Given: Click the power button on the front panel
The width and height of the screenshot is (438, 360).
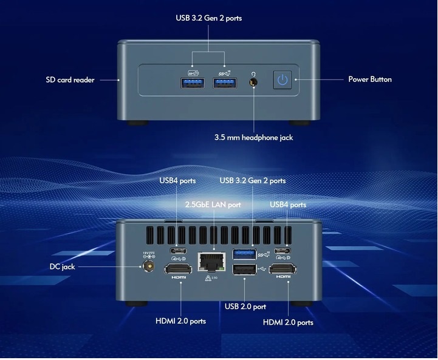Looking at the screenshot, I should point(281,80).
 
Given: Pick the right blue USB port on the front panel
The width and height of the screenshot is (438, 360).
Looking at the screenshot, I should point(224,83).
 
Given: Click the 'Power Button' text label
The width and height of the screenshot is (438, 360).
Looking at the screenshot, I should point(369,80).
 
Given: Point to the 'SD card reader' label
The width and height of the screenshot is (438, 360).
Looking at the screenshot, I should point(70,80).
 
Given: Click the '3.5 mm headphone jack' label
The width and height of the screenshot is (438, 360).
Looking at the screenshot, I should point(254,137).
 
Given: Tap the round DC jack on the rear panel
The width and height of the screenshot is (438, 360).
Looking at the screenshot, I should point(147,267).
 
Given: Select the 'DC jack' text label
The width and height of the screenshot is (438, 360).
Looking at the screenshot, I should point(63,267).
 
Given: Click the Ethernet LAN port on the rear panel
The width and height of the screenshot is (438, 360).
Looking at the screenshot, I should point(210,263).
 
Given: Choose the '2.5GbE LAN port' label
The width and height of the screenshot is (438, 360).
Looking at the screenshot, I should point(213,205).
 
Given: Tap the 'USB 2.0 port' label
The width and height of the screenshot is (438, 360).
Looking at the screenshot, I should point(245,307).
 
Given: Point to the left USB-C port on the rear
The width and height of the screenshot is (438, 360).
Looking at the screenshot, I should point(177,250).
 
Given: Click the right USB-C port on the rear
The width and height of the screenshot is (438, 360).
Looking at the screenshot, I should point(282,250).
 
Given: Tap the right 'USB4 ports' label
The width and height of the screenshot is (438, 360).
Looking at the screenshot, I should point(288,205).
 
